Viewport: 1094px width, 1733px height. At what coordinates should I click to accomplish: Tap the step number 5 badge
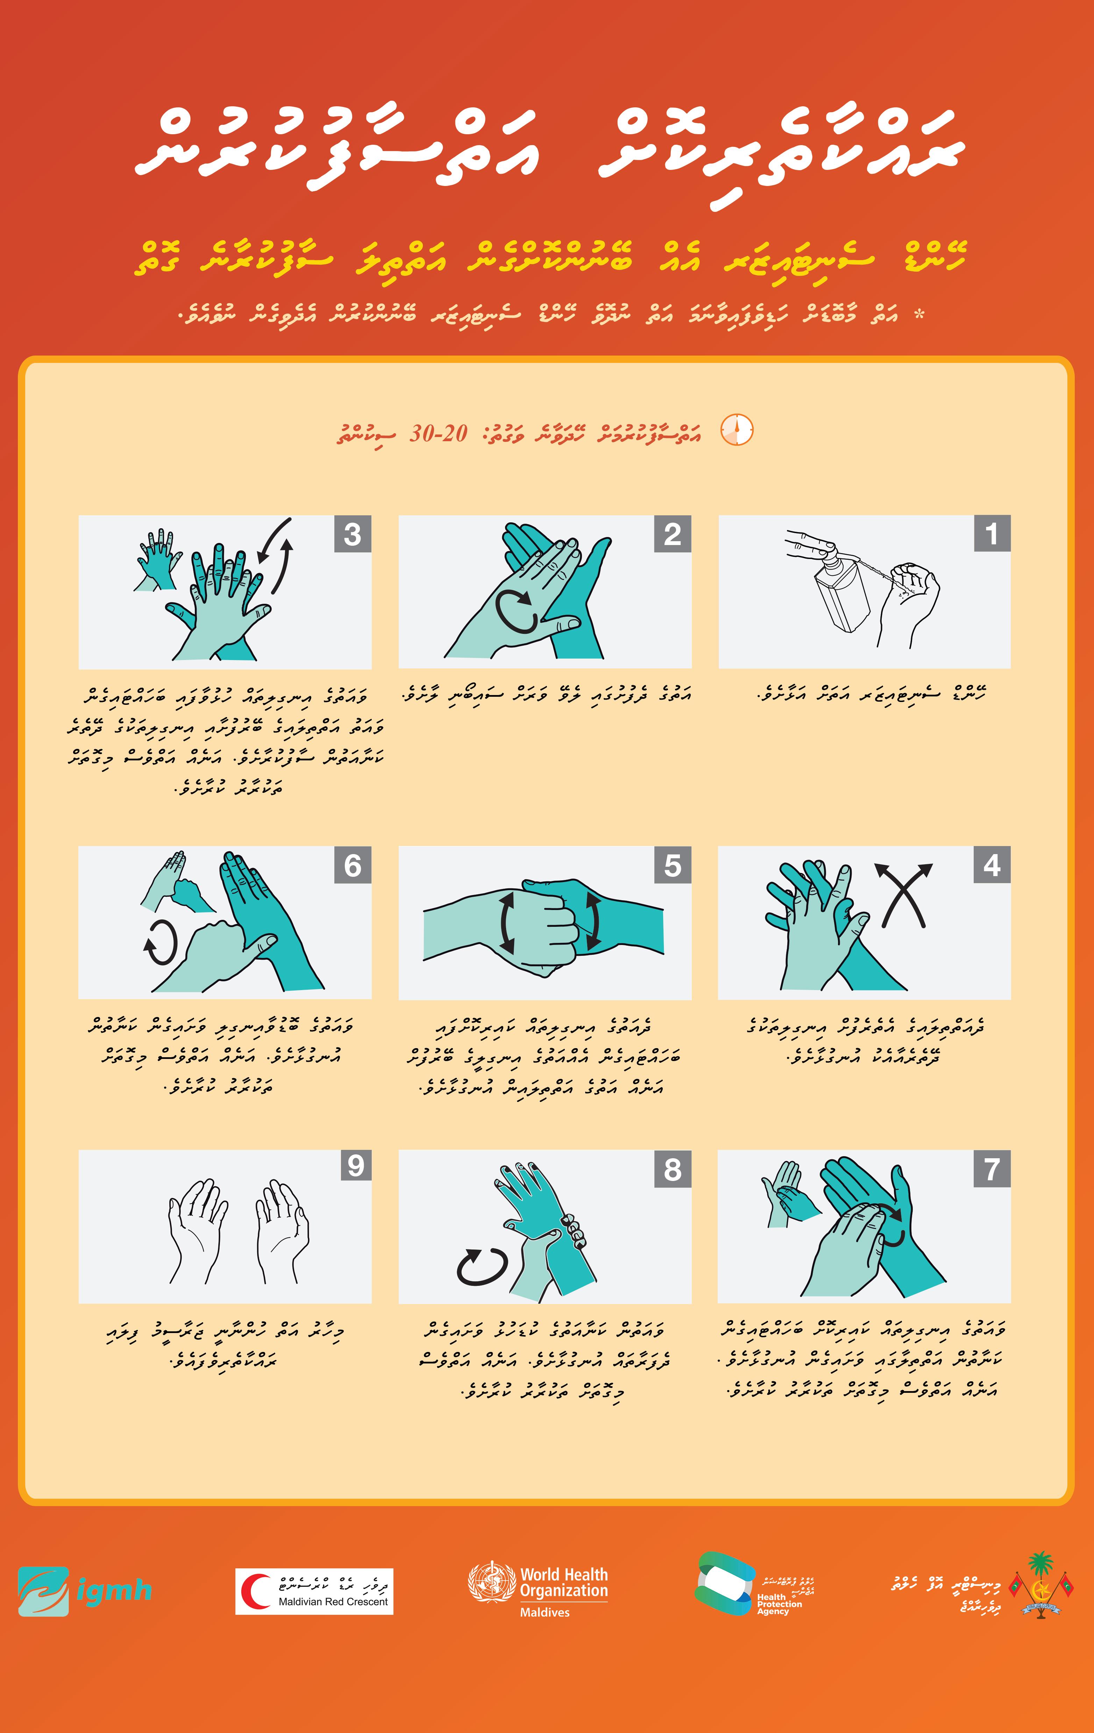(x=672, y=865)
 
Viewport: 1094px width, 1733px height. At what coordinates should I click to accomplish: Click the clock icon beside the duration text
(x=736, y=430)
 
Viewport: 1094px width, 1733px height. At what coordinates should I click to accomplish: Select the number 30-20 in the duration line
(x=438, y=433)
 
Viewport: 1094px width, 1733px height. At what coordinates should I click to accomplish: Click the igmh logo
(x=85, y=1591)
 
